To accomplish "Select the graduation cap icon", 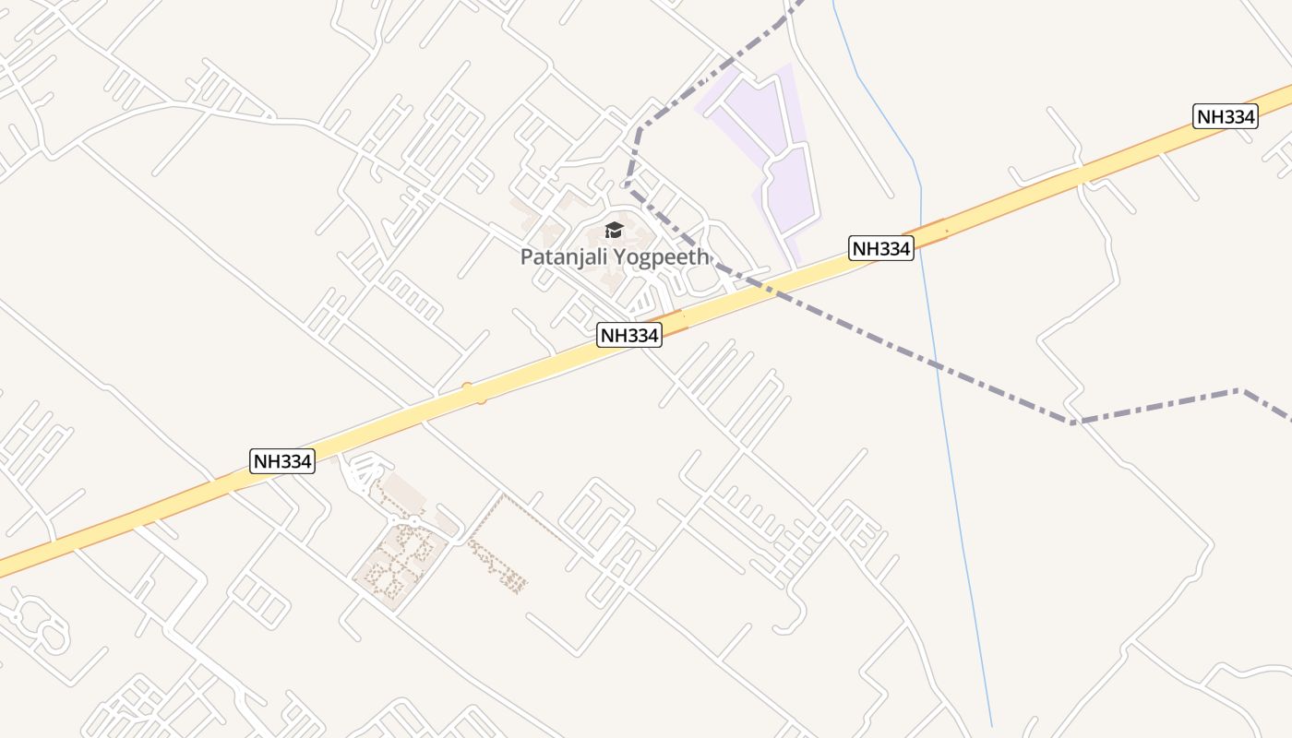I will coord(614,231).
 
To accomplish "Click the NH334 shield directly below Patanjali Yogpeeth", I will coord(629,335).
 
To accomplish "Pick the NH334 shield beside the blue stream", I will coord(880,248).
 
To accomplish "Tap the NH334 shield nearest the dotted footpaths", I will coord(282,460).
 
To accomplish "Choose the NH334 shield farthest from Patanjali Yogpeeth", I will coord(1226,116).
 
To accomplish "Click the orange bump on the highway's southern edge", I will coord(480,400).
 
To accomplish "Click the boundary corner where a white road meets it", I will coord(1072,422).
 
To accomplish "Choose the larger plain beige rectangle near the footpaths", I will coord(403,494).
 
